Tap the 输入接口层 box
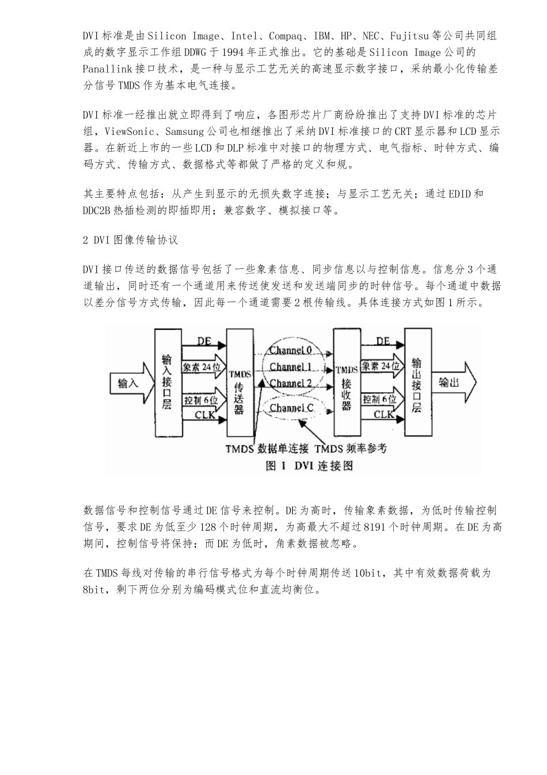[x=167, y=383]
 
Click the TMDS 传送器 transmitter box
[x=239, y=383]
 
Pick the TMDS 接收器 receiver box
[x=346, y=383]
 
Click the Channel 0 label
[x=291, y=351]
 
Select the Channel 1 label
[x=291, y=367]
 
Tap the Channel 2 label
[x=291, y=383]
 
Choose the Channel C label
[x=293, y=408]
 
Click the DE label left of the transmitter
[x=204, y=341]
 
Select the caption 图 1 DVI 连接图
[x=309, y=465]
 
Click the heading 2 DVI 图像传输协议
[x=131, y=240]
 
